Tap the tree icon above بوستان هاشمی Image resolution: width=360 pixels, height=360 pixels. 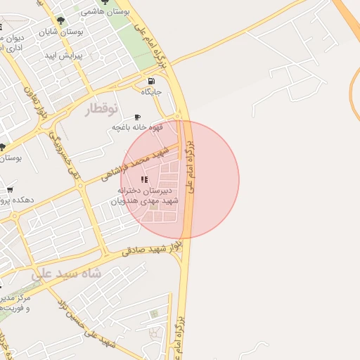105,3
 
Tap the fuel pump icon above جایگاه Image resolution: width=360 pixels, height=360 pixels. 151,81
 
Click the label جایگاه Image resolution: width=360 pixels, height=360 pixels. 151,92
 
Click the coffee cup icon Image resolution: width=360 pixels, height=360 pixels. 136,117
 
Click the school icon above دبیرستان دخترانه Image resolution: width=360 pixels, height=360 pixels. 144,180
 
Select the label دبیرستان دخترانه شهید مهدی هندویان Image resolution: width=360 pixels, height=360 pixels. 145,195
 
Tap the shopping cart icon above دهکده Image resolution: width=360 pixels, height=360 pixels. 10,189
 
